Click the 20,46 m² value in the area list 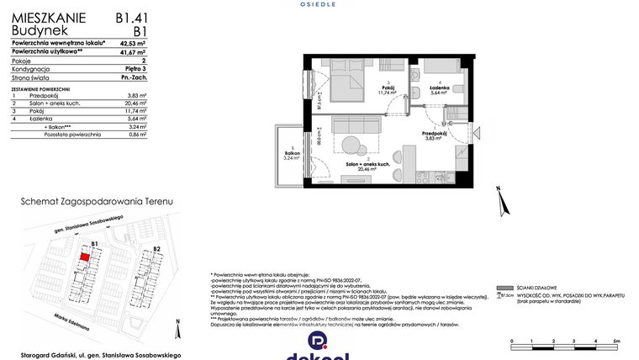tap(135, 103)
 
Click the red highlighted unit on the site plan tap(85, 259)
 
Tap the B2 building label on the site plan tap(156, 250)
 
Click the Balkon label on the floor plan tap(291, 153)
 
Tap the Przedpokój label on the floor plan tap(435, 134)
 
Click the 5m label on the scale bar tap(617, 341)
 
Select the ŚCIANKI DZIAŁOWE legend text tap(532, 288)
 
